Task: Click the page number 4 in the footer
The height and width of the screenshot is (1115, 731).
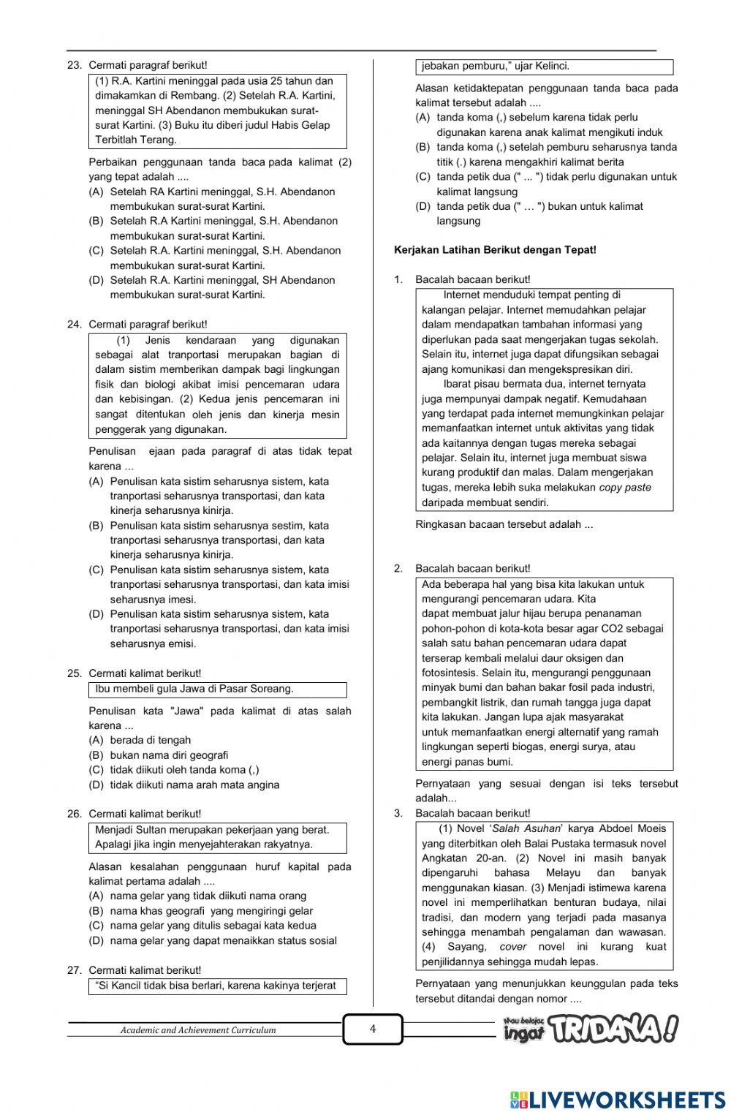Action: coord(372,1029)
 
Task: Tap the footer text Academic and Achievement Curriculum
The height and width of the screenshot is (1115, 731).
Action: coord(198,1030)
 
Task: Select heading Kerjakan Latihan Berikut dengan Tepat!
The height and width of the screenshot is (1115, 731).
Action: coord(495,250)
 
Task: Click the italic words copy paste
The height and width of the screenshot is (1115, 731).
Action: coord(625,488)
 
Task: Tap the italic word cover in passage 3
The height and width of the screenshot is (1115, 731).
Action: coord(513,947)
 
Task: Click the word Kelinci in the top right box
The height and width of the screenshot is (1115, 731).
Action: coord(552,67)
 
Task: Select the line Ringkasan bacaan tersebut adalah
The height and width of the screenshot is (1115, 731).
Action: coord(504,524)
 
